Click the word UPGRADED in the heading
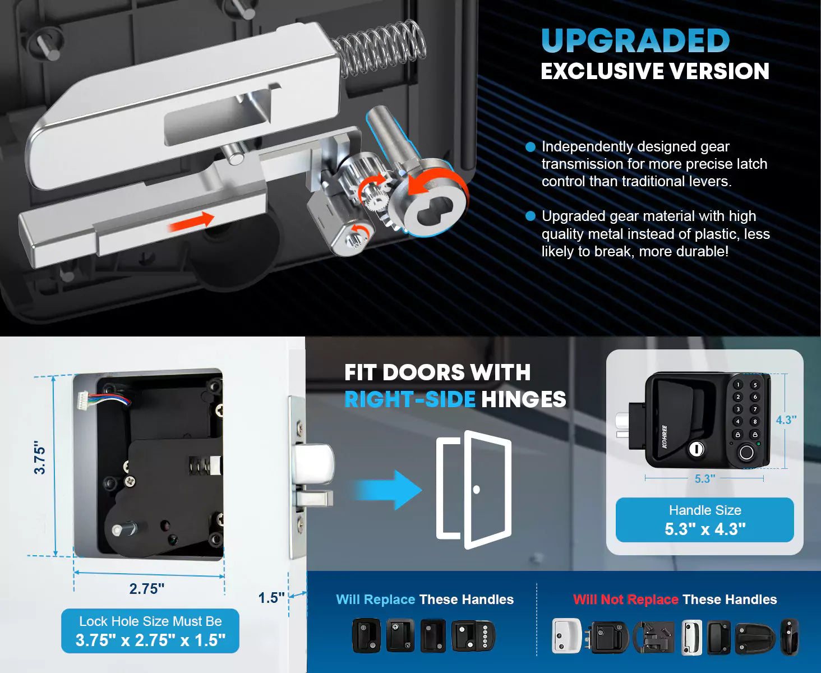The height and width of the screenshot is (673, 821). coord(635,41)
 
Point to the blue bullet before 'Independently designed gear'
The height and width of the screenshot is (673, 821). coord(531,147)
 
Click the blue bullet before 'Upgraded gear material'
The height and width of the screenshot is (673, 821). coord(531,216)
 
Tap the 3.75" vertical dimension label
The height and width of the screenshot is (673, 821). coord(40,458)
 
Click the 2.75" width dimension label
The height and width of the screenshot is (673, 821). coord(147,589)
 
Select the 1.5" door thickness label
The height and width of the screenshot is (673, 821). coord(271,598)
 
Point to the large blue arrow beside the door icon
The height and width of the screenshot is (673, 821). coord(387,490)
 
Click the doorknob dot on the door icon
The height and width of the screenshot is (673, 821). coord(476,490)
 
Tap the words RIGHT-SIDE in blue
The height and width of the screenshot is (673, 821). coord(410,399)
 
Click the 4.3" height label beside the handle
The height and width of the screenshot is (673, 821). coord(786,420)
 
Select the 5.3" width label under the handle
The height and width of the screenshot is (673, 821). coord(705,478)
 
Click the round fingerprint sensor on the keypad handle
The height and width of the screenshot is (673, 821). coord(746,453)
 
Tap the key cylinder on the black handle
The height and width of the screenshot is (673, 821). coord(696,449)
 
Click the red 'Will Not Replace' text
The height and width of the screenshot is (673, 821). coord(625,600)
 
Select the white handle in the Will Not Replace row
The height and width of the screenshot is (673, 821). coord(566,637)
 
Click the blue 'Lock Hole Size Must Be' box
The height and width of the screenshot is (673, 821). coord(150,631)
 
